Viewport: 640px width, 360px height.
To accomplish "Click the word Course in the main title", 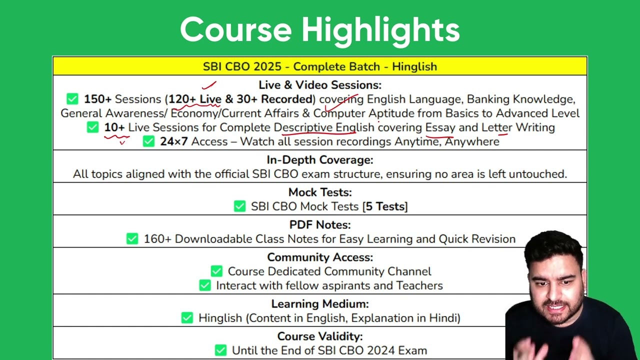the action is click(x=236, y=29).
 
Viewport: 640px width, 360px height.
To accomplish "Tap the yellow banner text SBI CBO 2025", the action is click(x=242, y=66).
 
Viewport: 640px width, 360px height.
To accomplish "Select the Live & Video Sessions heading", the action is click(x=320, y=85).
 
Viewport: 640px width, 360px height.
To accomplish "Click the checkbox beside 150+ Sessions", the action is click(x=72, y=99).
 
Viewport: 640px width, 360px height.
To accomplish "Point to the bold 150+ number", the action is click(x=97, y=99).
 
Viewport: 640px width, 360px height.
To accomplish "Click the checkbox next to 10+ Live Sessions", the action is click(x=92, y=127).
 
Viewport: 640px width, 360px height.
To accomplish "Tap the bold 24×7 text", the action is click(x=174, y=141).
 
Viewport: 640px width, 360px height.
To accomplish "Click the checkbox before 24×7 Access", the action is click(x=148, y=141).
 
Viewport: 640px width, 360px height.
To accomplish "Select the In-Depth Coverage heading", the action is click(x=320, y=159).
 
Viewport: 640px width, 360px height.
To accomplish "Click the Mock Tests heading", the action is click(x=320, y=192).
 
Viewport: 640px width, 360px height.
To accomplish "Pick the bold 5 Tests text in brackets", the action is click(x=385, y=206).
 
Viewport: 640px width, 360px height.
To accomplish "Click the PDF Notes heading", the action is click(x=320, y=224).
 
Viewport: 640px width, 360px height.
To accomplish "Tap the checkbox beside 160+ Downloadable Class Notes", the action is click(x=132, y=238).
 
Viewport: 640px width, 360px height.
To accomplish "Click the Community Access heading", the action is click(x=320, y=257).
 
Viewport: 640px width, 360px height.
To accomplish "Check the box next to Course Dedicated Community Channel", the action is click(x=216, y=271).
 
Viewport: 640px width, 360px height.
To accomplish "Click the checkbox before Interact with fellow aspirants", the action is click(x=205, y=285).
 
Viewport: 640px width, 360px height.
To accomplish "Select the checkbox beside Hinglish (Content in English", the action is click(x=187, y=317).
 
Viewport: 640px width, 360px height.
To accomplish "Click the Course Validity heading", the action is click(x=320, y=336).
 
